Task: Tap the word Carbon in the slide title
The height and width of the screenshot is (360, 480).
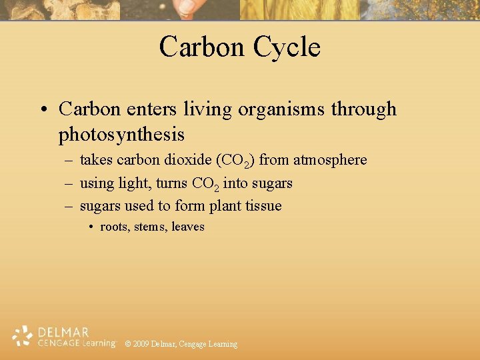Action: point(201,47)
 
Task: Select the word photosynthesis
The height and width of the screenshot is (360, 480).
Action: point(121,135)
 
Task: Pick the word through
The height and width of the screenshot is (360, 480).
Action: point(364,109)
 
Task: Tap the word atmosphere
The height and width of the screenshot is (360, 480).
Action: point(330,160)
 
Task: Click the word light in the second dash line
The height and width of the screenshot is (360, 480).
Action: point(136,183)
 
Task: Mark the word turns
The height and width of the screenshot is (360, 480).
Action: point(171,183)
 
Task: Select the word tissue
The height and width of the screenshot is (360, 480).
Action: point(263,205)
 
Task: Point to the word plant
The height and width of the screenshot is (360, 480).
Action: point(225,206)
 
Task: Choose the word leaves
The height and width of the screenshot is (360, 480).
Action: point(188,227)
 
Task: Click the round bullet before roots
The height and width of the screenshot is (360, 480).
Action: point(91,227)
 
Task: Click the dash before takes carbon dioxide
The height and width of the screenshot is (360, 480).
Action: point(69,161)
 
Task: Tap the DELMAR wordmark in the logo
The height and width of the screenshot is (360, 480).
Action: point(64,332)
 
